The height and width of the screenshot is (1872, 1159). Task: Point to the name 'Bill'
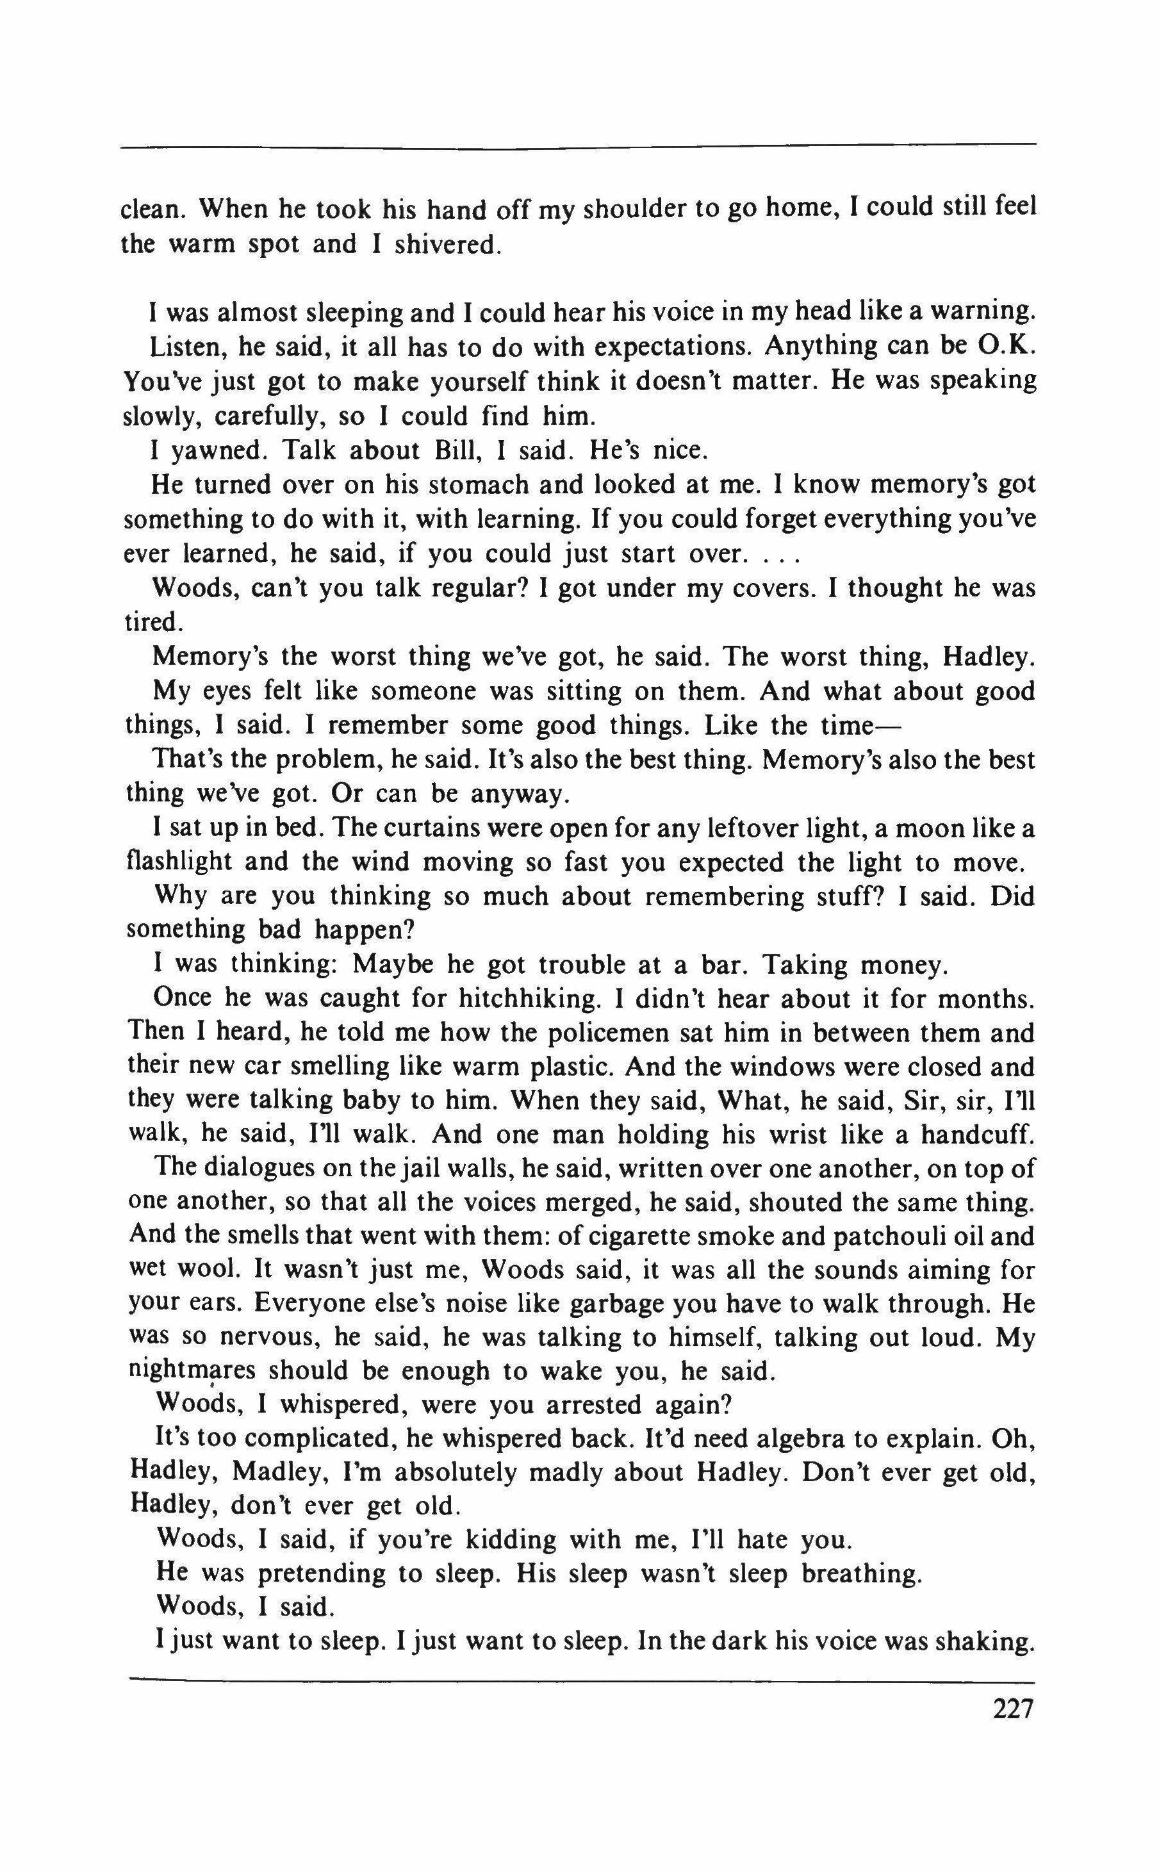tap(457, 450)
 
